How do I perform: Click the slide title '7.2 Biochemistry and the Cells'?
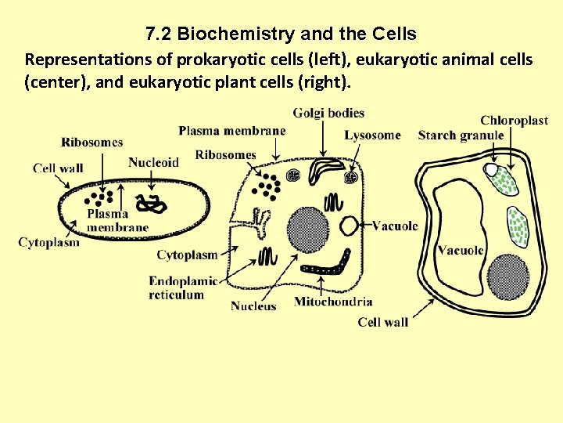pos(281,34)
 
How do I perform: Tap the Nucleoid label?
pos(153,162)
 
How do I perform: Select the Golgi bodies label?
pos(328,113)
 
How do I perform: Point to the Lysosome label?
pos(372,136)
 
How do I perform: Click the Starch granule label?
pos(461,136)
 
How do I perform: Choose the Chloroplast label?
pos(514,120)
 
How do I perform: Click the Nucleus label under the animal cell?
pos(253,305)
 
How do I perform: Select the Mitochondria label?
pos(333,302)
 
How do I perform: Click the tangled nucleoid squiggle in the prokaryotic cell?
pos(150,204)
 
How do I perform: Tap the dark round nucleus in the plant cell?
pos(508,276)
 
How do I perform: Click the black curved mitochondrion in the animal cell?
pos(332,262)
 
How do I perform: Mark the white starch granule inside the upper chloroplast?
pos(491,169)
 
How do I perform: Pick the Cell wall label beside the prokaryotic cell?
pos(58,168)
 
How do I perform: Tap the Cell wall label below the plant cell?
pos(383,322)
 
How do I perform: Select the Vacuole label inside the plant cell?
pos(461,251)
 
